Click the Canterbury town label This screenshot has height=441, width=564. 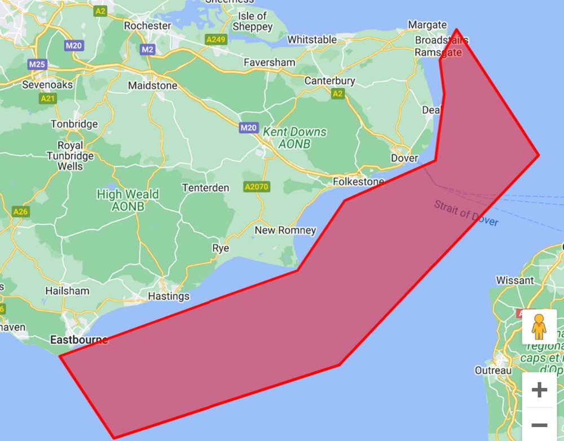[330, 81]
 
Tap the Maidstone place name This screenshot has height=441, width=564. [152, 86]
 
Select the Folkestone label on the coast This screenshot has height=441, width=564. [358, 182]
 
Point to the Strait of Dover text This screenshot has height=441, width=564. [466, 213]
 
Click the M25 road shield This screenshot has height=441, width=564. [37, 64]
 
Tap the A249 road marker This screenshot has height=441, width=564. [216, 39]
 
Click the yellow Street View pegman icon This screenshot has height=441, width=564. [539, 327]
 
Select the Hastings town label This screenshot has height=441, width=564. [169, 296]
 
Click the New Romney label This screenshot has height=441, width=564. [285, 230]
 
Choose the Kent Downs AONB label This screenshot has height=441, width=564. [295, 138]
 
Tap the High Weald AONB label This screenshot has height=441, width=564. [128, 200]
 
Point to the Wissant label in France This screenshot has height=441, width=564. [514, 280]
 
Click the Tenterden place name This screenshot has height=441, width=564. [205, 187]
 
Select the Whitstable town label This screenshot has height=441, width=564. [312, 39]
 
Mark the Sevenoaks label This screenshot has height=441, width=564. [47, 85]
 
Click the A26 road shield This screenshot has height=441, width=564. [20, 211]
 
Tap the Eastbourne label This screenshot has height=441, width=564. [79, 340]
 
